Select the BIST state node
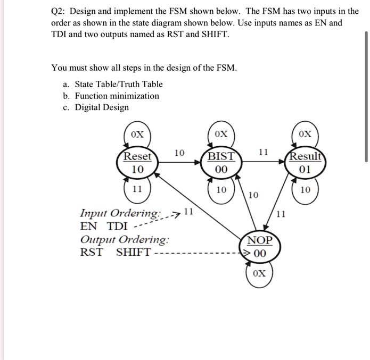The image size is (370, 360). [221, 163]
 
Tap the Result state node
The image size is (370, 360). [305, 163]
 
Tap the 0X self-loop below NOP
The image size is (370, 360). [259, 274]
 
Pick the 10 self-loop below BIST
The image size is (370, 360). [221, 190]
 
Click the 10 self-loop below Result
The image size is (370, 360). [305, 190]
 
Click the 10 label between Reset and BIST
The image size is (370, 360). [179, 153]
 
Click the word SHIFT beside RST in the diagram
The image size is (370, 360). [133, 252]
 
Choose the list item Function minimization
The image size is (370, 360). [117, 96]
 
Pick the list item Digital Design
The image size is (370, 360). [102, 107]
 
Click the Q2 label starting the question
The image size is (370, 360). [59, 12]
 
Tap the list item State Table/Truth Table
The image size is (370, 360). [118, 84]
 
